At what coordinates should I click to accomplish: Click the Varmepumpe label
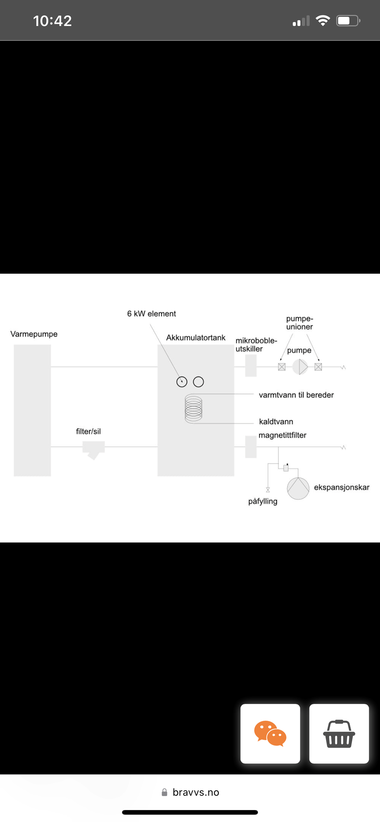click(34, 334)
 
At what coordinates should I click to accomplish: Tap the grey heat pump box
click(32, 410)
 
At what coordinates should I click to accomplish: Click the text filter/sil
click(88, 432)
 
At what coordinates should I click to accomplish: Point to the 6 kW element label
click(151, 314)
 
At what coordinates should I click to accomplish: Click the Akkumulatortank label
click(196, 338)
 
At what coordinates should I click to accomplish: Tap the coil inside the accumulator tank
click(193, 409)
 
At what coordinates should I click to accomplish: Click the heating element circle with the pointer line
click(182, 382)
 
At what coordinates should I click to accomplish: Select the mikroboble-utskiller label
click(256, 345)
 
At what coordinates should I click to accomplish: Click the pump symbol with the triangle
click(300, 367)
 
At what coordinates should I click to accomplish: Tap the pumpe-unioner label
click(299, 323)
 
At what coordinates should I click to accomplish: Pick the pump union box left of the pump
click(282, 367)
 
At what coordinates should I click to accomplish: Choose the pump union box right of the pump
click(318, 367)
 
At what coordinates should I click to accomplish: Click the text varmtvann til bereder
click(296, 395)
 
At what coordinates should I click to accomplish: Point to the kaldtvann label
click(276, 422)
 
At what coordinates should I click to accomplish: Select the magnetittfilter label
click(282, 435)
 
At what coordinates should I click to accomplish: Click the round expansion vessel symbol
click(298, 488)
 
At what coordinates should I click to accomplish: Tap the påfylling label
click(262, 501)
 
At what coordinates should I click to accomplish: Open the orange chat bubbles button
click(270, 734)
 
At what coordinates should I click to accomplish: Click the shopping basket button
click(339, 734)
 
